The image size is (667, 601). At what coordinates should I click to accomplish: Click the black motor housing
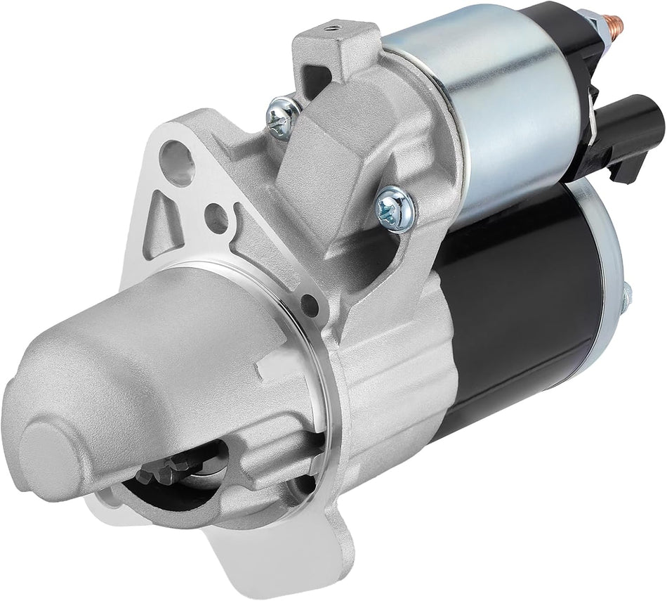[520, 302]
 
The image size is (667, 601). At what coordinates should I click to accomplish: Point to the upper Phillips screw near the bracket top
[283, 115]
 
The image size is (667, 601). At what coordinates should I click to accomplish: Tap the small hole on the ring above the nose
[307, 304]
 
